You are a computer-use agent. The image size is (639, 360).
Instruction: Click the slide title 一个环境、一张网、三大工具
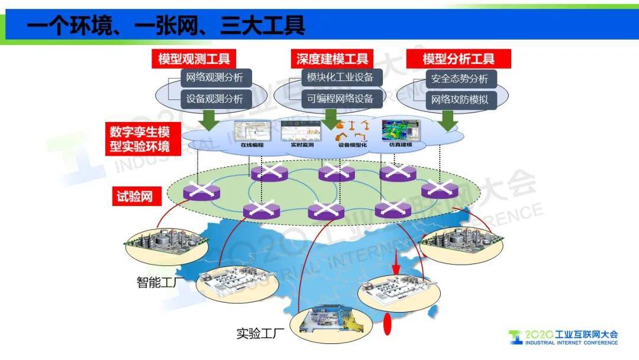click(x=166, y=25)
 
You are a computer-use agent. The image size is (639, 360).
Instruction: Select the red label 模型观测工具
click(x=194, y=59)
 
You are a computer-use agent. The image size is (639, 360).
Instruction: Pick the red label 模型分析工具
click(x=459, y=59)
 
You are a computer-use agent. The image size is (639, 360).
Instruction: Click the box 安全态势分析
click(x=460, y=78)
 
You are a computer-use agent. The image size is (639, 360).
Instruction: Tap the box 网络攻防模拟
click(x=460, y=99)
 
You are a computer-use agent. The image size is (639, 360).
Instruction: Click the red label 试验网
click(x=133, y=197)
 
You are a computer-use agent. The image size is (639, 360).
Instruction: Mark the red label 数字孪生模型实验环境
click(x=140, y=139)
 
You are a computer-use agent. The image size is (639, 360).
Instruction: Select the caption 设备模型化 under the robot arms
click(x=353, y=144)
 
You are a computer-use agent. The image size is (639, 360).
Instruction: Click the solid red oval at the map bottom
click(x=389, y=324)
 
